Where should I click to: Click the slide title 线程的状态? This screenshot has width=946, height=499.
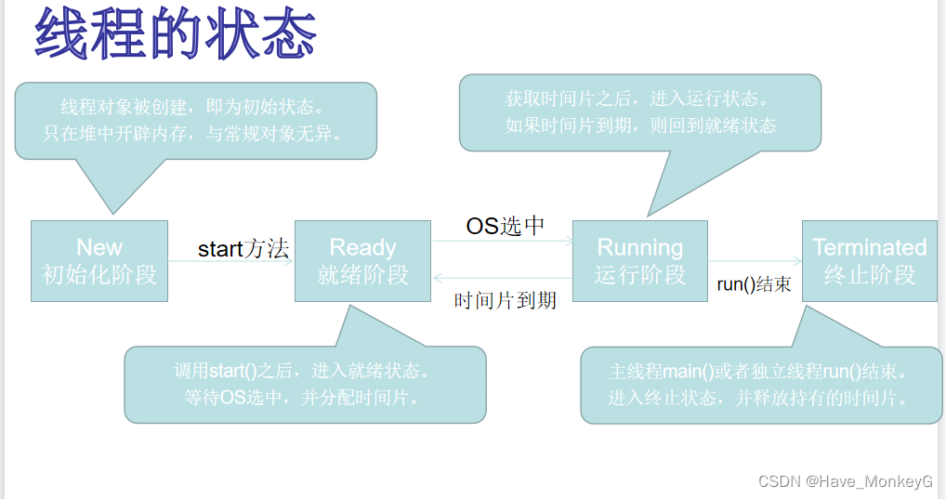(x=177, y=34)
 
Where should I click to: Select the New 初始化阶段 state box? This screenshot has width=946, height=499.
(x=99, y=261)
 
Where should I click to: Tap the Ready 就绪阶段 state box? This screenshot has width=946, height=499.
(x=362, y=261)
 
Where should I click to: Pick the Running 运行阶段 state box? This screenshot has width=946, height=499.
(x=639, y=261)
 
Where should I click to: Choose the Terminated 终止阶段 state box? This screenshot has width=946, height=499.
(x=869, y=261)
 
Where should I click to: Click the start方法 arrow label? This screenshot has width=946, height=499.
(x=243, y=249)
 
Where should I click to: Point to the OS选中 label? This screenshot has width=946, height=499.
(x=505, y=226)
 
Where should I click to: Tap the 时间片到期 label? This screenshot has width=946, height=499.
(x=505, y=300)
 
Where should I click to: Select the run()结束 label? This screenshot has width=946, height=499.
(x=755, y=284)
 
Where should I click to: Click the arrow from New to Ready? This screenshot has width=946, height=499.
(x=231, y=262)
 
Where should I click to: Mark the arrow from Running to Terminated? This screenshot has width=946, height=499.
(x=755, y=261)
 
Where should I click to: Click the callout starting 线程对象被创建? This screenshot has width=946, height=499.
(x=195, y=121)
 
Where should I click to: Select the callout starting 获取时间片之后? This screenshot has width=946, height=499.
(x=640, y=112)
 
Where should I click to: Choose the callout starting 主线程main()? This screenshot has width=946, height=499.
(x=758, y=385)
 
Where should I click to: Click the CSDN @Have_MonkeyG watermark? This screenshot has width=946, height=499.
(x=845, y=480)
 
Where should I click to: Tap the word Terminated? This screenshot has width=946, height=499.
(x=869, y=247)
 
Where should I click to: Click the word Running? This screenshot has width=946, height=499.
(x=639, y=247)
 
